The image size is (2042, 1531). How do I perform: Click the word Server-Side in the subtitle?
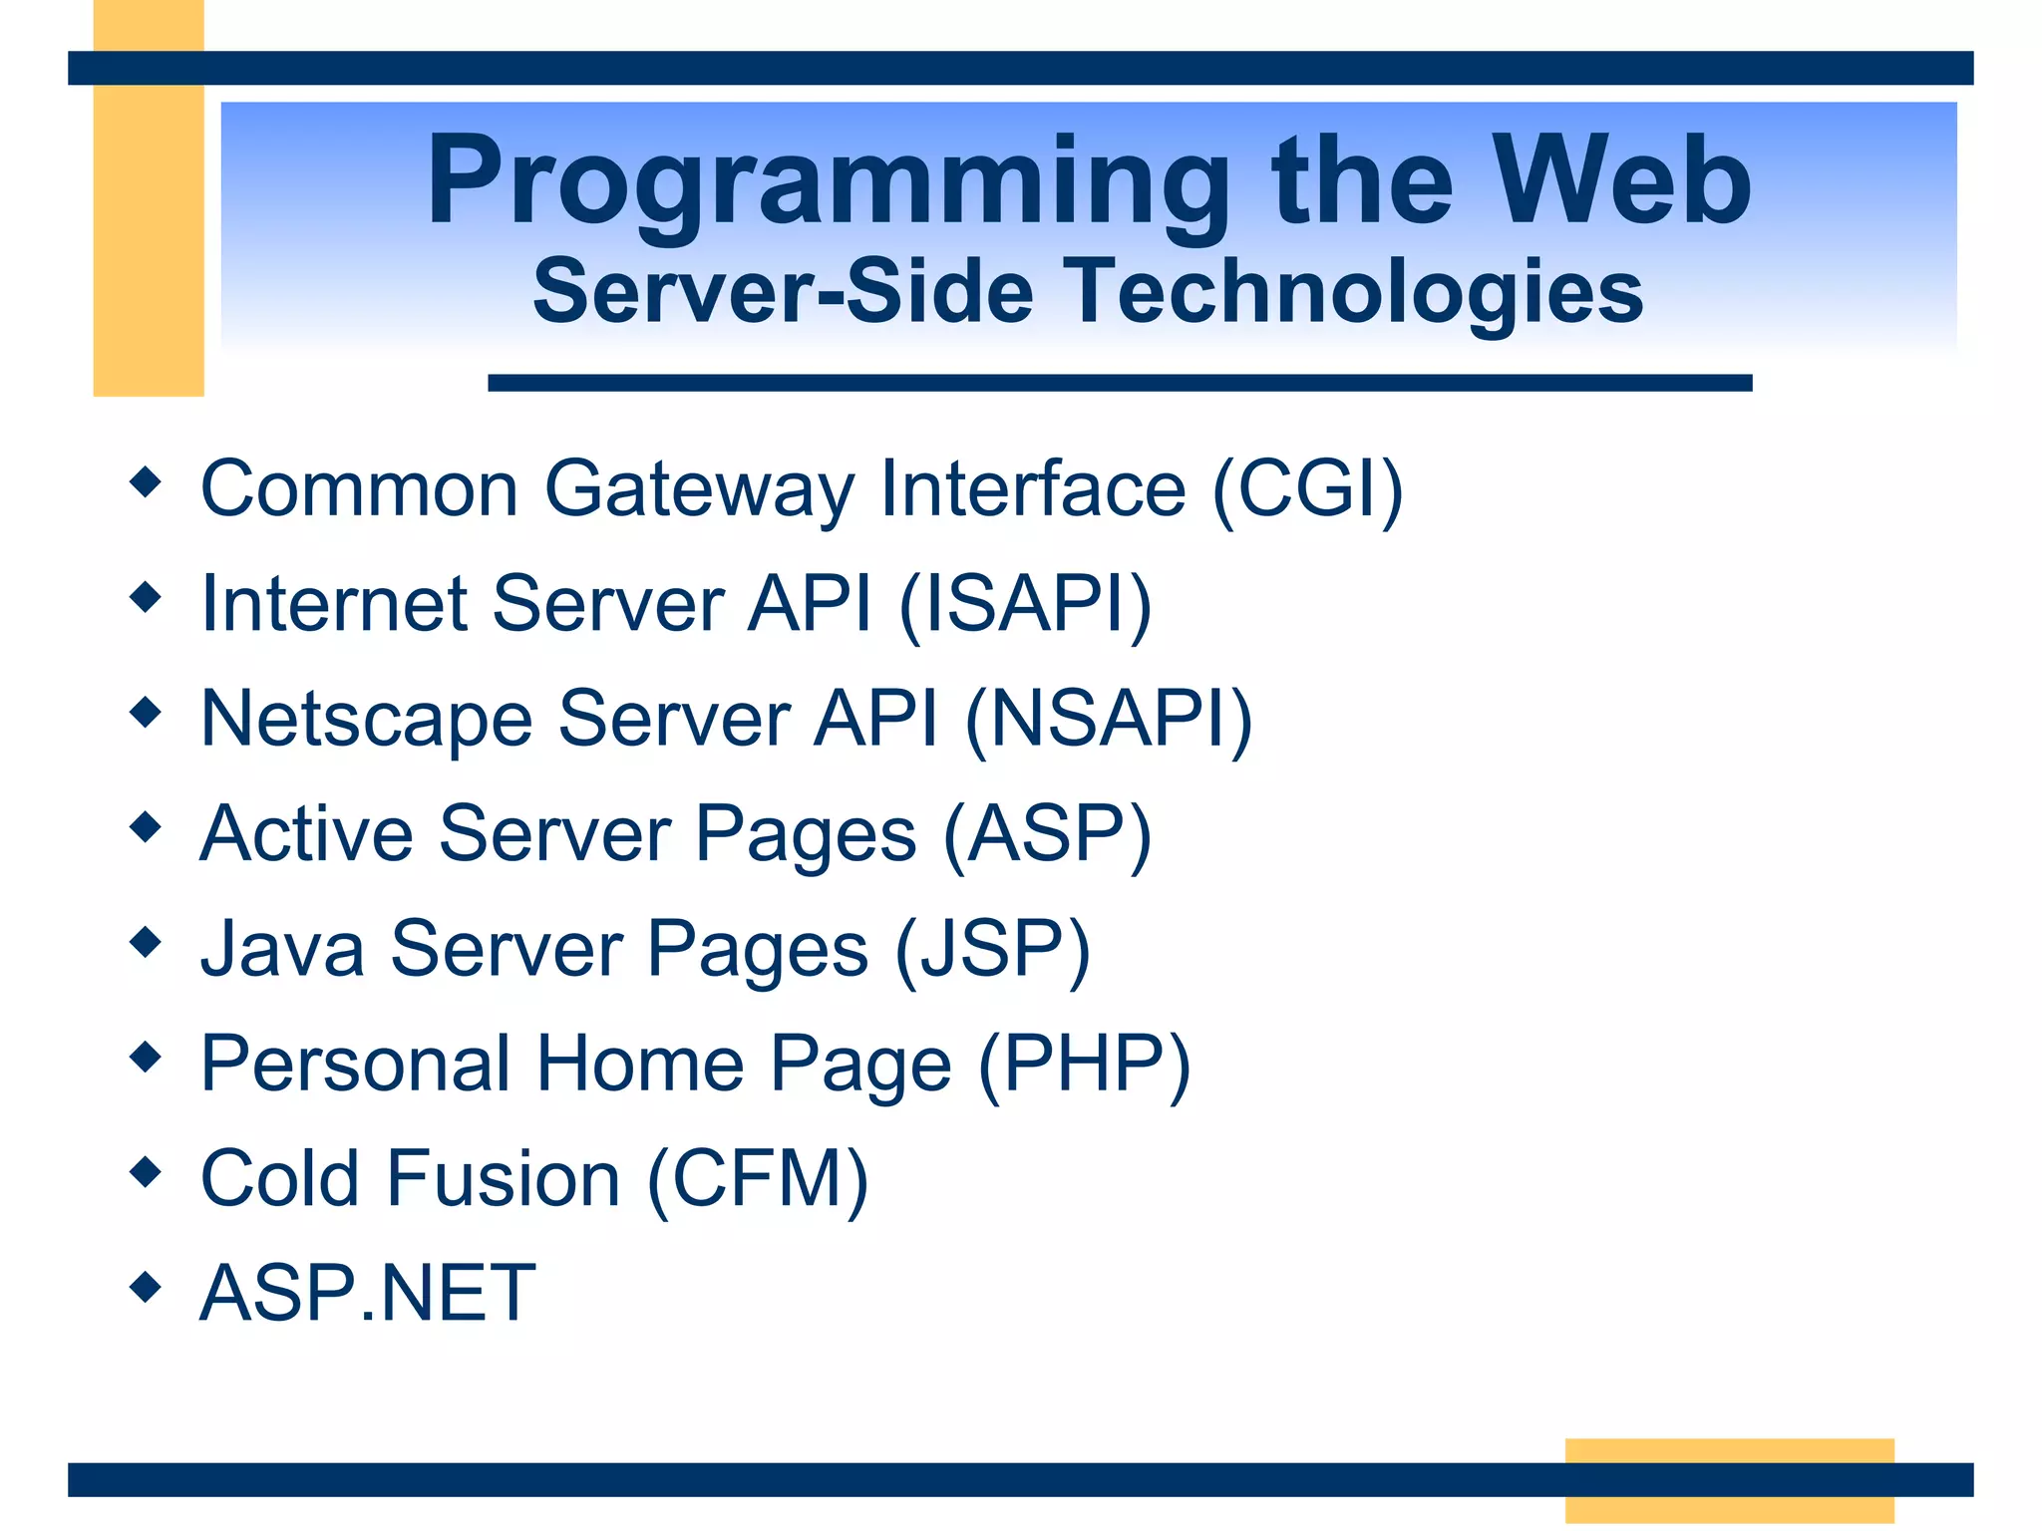pos(783,292)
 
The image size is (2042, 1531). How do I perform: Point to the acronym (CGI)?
pos(1307,489)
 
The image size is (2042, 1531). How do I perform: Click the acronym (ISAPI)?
pos(1025,604)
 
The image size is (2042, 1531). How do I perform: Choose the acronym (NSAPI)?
pos(1108,719)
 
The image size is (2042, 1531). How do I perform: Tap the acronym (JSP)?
pos(992,949)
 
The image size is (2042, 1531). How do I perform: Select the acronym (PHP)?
pos(1084,1065)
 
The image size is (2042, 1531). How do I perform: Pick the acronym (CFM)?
pos(758,1179)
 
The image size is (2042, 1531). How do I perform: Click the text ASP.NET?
pos(368,1294)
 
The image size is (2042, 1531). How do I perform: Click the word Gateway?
pos(699,489)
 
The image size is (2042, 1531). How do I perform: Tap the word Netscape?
pos(366,719)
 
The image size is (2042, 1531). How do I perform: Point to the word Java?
pos(282,949)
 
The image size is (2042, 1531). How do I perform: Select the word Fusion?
pos(504,1179)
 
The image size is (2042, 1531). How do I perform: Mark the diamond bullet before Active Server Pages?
pos(146,826)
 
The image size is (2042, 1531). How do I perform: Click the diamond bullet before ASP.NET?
pos(146,1287)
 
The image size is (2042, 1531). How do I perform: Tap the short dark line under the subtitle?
pos(1119,383)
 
